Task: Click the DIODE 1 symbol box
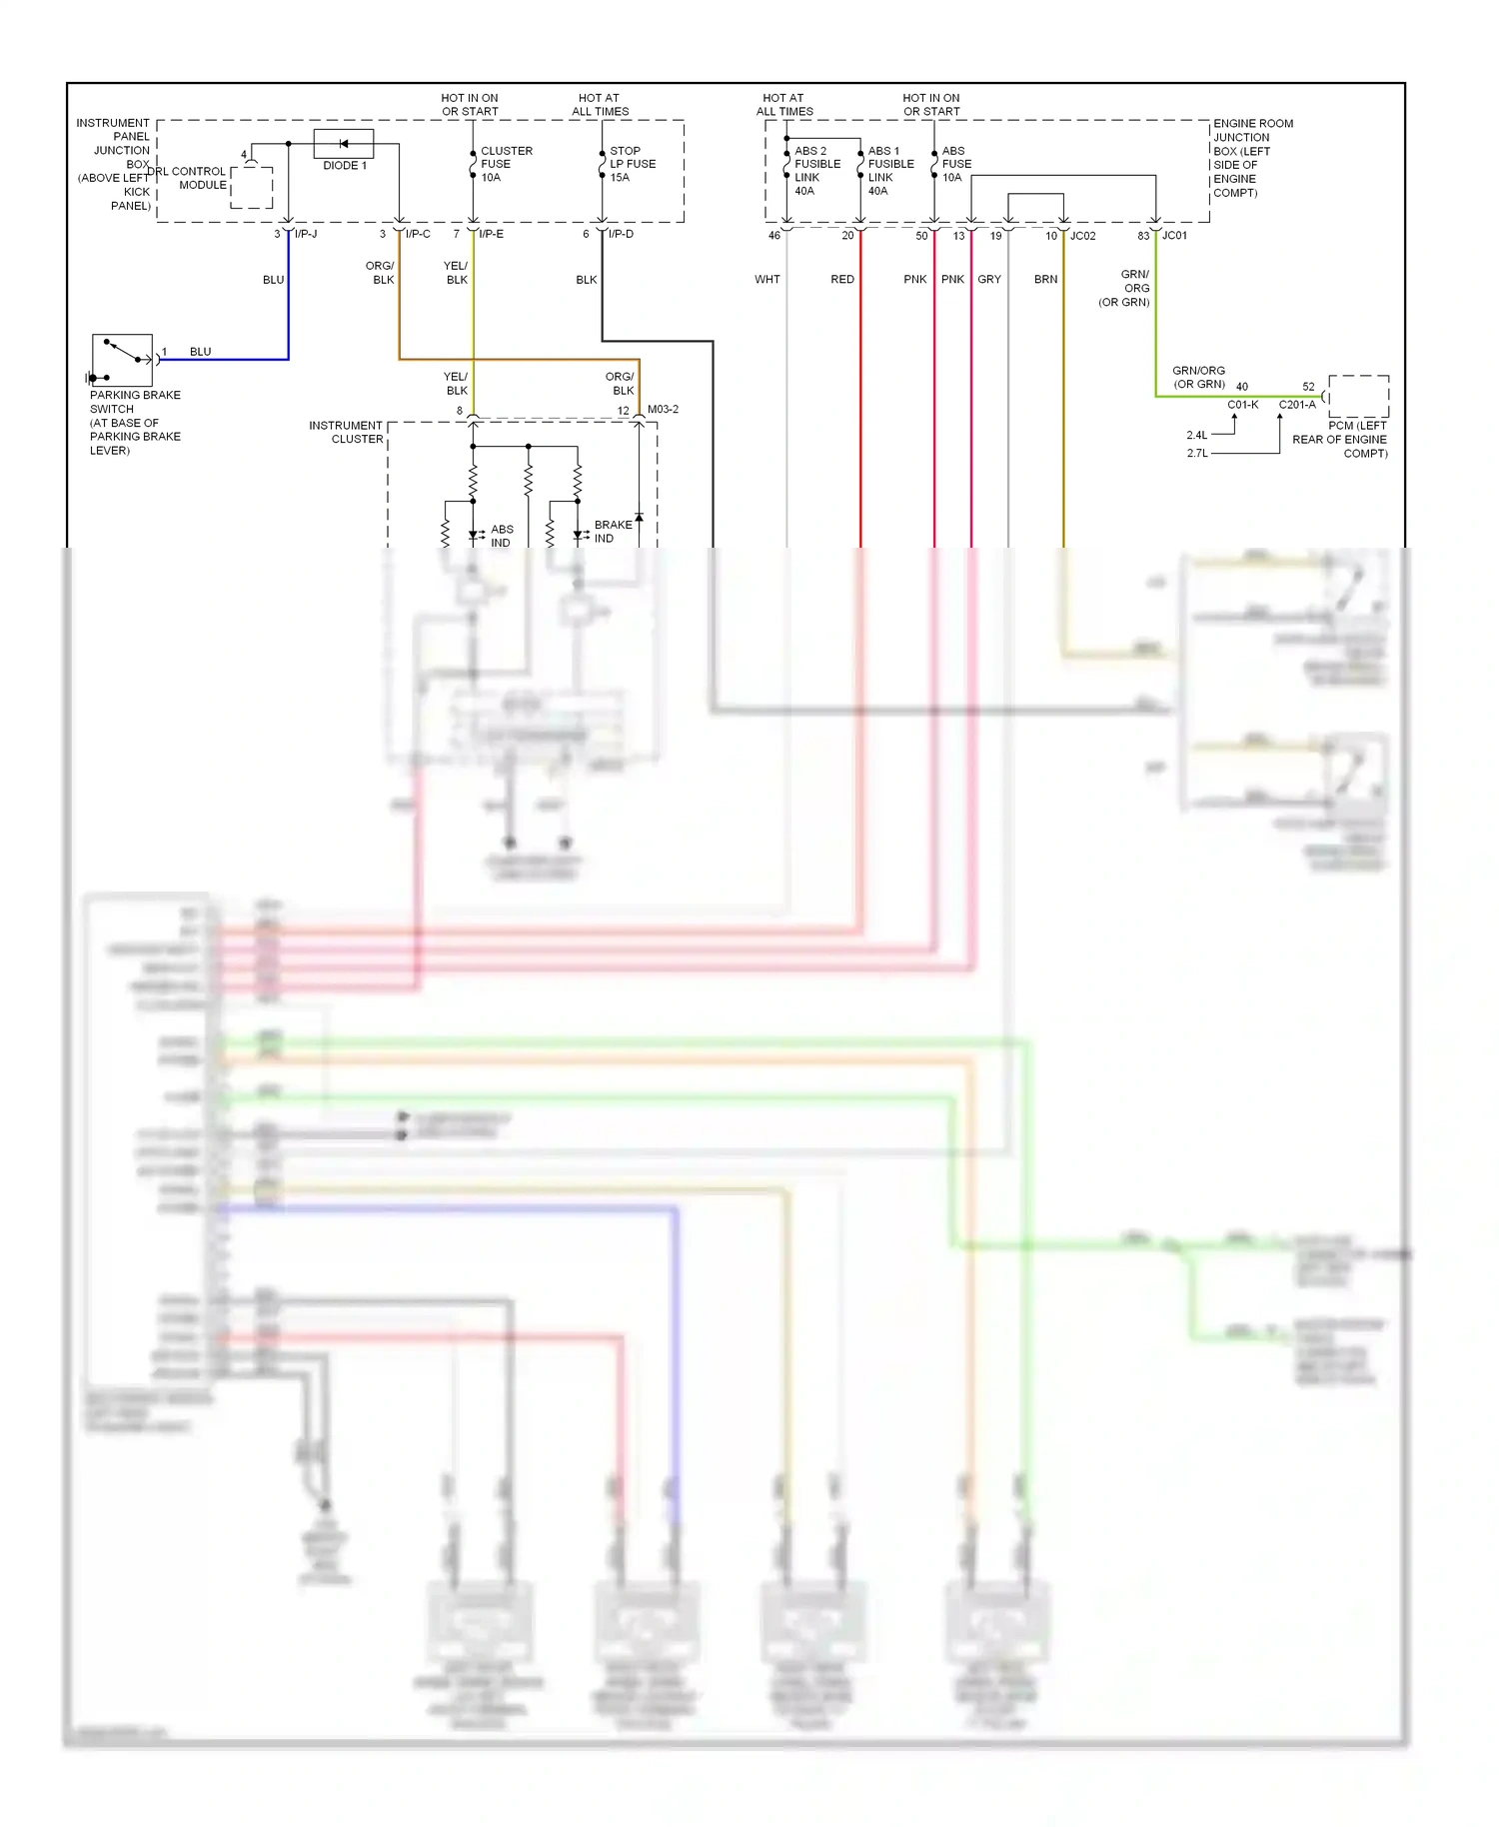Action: click(x=344, y=144)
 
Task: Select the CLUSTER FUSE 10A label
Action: click(x=506, y=164)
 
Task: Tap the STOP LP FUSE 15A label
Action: click(x=633, y=164)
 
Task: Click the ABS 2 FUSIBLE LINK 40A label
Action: click(x=816, y=171)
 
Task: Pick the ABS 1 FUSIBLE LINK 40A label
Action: click(x=890, y=171)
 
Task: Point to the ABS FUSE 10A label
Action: click(x=956, y=164)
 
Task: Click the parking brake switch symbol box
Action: click(x=122, y=360)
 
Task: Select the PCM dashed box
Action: click(x=1358, y=396)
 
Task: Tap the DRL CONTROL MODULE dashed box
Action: click(x=252, y=188)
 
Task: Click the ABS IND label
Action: click(x=502, y=536)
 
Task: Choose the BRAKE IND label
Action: click(x=613, y=531)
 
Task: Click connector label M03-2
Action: click(x=663, y=410)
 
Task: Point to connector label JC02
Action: click(x=1083, y=236)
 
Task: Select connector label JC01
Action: click(x=1174, y=236)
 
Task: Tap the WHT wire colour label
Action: click(x=767, y=280)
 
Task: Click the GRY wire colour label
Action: click(x=989, y=280)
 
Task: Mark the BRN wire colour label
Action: click(x=1045, y=280)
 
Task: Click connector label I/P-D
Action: click(x=621, y=234)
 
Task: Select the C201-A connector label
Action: click(x=1297, y=405)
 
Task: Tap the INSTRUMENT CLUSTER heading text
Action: click(x=346, y=432)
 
